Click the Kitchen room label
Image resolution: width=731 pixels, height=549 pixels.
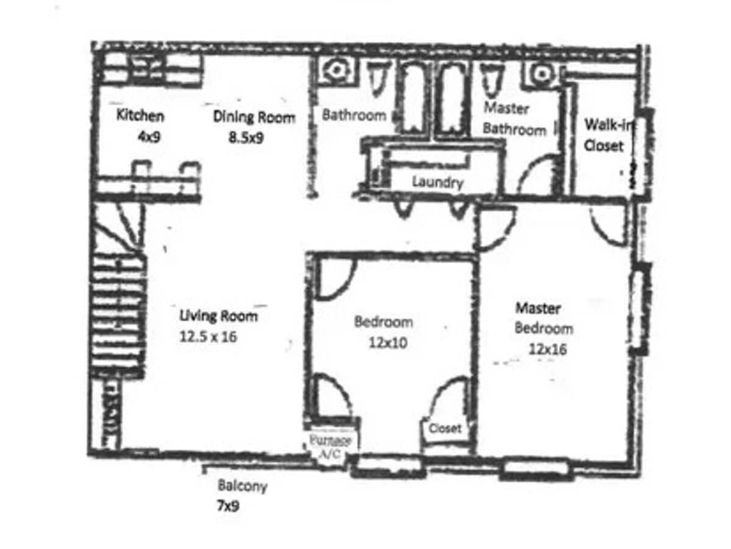[x=140, y=115]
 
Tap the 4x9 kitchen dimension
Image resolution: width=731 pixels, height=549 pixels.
[x=149, y=137]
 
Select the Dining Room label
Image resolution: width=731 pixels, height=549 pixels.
[x=254, y=117]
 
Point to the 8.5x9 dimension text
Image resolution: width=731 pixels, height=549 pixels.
[x=246, y=138]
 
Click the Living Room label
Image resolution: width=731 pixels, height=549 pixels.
[x=218, y=316]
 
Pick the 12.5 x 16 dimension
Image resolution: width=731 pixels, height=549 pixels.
[x=209, y=336]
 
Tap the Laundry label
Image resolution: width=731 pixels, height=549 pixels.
[x=438, y=182]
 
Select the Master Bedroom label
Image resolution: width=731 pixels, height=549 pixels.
[x=543, y=318]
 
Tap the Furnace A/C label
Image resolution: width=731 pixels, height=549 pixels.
[x=330, y=447]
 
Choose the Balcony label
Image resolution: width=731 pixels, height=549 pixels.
[x=242, y=487]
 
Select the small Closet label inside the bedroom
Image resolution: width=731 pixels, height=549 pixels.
[x=445, y=429]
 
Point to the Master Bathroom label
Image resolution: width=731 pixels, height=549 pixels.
[x=514, y=119]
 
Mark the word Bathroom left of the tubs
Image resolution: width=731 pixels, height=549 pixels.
[x=354, y=115]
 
